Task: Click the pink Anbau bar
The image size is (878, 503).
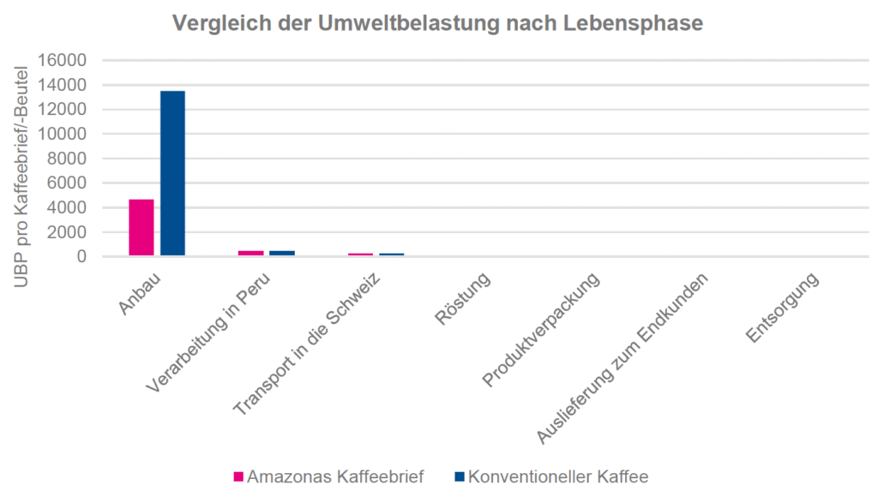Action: [x=141, y=227]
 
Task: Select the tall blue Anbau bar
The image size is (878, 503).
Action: [x=172, y=173]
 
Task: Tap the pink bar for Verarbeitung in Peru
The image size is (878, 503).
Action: [x=251, y=253]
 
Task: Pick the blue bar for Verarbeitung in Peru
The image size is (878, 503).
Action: [x=282, y=253]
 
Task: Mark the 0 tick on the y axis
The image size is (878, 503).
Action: [x=81, y=256]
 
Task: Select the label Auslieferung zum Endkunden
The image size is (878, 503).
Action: [x=624, y=358]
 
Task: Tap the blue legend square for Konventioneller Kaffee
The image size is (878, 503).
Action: [x=460, y=476]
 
